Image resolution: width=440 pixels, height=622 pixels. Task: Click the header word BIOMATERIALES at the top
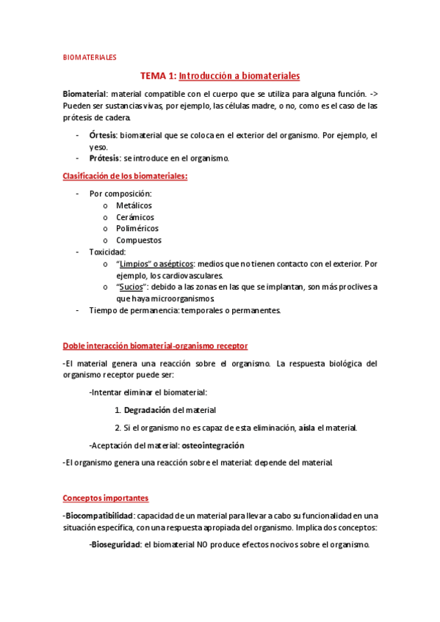coord(89,56)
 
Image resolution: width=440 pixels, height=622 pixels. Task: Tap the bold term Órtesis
coord(102,136)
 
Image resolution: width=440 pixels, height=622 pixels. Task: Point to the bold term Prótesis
coord(104,158)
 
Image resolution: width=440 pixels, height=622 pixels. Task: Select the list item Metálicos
coord(134,205)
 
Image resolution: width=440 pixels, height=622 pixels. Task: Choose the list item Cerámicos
coord(134,217)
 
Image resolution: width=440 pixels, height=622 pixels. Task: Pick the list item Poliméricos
coord(137,229)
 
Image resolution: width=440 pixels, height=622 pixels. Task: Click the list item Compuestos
coord(138,241)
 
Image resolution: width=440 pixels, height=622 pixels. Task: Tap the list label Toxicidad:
coord(107,252)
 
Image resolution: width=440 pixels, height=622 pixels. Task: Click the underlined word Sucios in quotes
coord(131,287)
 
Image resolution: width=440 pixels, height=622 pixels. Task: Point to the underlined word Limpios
coord(135,263)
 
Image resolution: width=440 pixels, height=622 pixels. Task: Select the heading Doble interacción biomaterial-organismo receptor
coord(155,345)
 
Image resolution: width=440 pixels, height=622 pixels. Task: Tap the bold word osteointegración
coord(213,445)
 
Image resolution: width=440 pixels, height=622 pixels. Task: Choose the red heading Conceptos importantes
coord(105,498)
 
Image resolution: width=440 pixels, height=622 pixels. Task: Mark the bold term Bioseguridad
coord(116,545)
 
